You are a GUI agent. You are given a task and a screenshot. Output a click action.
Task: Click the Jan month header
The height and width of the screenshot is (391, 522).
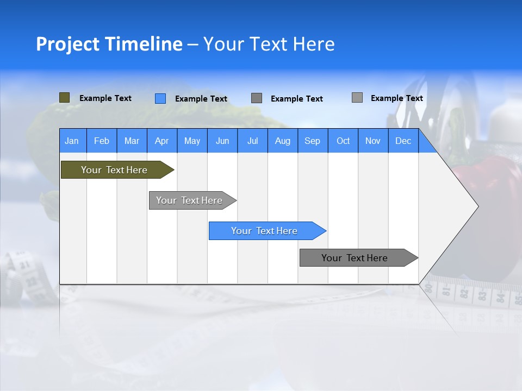click(72, 141)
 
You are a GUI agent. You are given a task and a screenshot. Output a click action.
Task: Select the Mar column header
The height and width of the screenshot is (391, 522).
click(132, 141)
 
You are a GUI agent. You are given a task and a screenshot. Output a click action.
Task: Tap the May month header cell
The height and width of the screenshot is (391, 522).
click(192, 141)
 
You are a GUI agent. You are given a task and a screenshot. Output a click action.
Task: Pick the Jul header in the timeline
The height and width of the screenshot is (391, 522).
click(252, 141)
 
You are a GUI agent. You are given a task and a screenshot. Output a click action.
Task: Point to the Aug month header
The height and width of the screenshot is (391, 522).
click(282, 141)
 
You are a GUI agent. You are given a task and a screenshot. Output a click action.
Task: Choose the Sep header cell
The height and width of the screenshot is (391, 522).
click(313, 141)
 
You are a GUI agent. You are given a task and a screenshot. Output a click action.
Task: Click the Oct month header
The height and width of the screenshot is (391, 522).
click(343, 141)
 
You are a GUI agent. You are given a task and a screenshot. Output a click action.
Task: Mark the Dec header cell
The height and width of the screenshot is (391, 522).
click(403, 141)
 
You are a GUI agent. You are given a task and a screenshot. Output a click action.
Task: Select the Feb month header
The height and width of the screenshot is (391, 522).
click(102, 141)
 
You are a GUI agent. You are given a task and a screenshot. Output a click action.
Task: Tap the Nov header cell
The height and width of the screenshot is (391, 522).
click(373, 141)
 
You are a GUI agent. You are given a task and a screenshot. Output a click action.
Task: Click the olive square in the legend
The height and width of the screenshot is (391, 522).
click(64, 98)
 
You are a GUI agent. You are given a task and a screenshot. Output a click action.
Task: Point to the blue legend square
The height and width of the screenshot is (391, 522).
click(160, 98)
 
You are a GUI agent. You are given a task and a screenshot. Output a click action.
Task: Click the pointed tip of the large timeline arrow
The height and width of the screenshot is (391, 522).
click(477, 206)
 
